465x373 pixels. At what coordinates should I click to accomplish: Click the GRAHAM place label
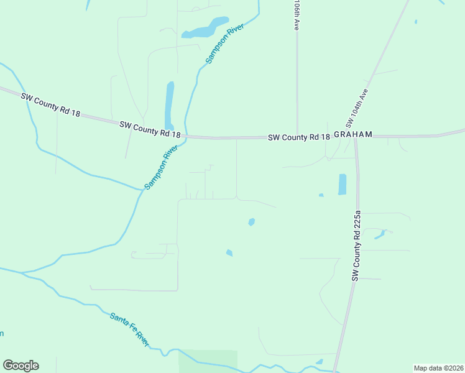(352, 134)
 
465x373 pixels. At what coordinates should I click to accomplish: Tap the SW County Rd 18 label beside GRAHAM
(298, 137)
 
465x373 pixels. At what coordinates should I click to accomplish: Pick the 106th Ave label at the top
(297, 16)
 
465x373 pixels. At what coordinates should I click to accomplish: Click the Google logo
(21, 366)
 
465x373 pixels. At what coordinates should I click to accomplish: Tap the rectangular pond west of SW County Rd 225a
(342, 184)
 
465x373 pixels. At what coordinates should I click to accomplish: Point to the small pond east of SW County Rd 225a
(380, 234)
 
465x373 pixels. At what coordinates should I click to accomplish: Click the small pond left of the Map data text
(320, 361)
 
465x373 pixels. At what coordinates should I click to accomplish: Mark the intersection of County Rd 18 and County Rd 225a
(355, 137)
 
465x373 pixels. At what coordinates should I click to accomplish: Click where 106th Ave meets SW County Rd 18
(297, 136)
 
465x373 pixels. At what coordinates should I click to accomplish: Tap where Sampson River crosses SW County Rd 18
(186, 136)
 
